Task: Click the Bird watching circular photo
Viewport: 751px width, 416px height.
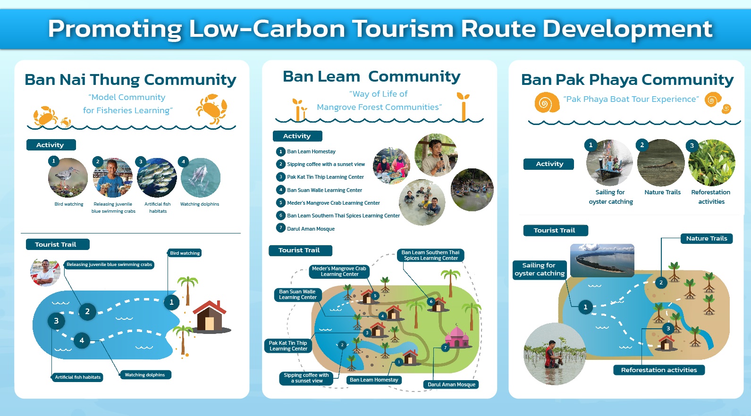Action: [68, 177]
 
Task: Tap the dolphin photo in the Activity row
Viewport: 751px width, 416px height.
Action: [201, 177]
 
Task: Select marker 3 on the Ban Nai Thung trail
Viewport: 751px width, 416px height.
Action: [56, 321]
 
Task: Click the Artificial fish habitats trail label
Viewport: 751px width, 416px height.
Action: [77, 377]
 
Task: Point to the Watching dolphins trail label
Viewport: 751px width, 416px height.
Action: [145, 375]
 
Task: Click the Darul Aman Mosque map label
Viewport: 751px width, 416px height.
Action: [451, 384]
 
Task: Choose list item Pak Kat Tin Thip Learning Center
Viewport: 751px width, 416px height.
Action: [325, 177]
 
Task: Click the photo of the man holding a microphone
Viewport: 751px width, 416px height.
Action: [436, 155]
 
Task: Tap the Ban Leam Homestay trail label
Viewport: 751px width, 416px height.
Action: [374, 380]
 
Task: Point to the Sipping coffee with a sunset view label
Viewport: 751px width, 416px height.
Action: [306, 378]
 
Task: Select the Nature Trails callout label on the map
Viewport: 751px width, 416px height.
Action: [707, 239]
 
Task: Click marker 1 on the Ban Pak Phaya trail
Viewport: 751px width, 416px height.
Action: [585, 307]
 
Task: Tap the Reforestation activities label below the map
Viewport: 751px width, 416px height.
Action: [659, 370]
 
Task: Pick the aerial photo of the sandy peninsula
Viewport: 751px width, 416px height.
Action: [602, 260]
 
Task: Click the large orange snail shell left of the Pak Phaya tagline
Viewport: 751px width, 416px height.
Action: [547, 102]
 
